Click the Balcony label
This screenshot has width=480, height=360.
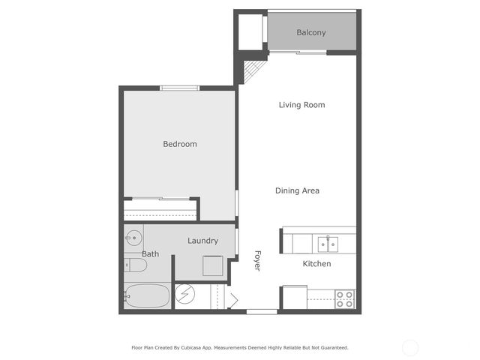(x=311, y=33)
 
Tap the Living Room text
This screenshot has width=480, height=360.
(x=301, y=105)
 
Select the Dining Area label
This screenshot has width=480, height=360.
(x=297, y=190)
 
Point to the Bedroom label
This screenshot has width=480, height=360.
(x=180, y=144)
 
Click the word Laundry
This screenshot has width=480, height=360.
(x=202, y=241)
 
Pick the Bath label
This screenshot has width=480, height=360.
(x=151, y=254)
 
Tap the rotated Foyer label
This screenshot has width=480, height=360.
(x=257, y=260)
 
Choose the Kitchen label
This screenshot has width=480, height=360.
(x=316, y=264)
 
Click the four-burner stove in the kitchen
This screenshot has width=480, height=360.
(x=344, y=299)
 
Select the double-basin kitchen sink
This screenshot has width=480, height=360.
(x=327, y=244)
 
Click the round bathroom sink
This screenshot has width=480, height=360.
(x=132, y=238)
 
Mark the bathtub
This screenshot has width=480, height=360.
(x=147, y=295)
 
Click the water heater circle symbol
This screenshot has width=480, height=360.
(x=184, y=295)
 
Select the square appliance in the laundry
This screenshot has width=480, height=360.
(x=213, y=266)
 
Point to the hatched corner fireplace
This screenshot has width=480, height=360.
(x=253, y=70)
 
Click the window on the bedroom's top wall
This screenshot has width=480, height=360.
(x=180, y=88)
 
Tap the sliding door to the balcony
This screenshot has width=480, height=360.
(x=298, y=52)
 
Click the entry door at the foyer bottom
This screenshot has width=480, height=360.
(x=262, y=311)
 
